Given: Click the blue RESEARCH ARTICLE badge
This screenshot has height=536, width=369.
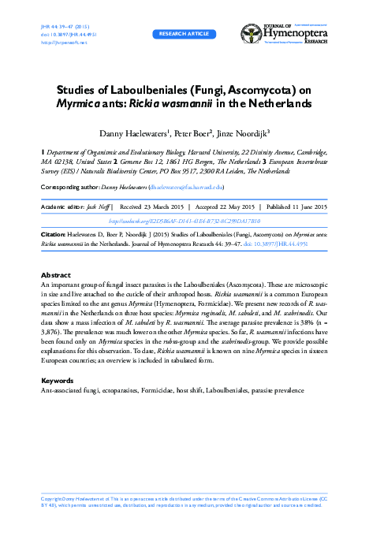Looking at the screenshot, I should coord(184,35).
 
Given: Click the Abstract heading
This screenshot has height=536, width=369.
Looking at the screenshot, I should coord(55,275).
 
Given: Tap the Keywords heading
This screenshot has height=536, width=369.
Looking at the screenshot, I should coord(57,381).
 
